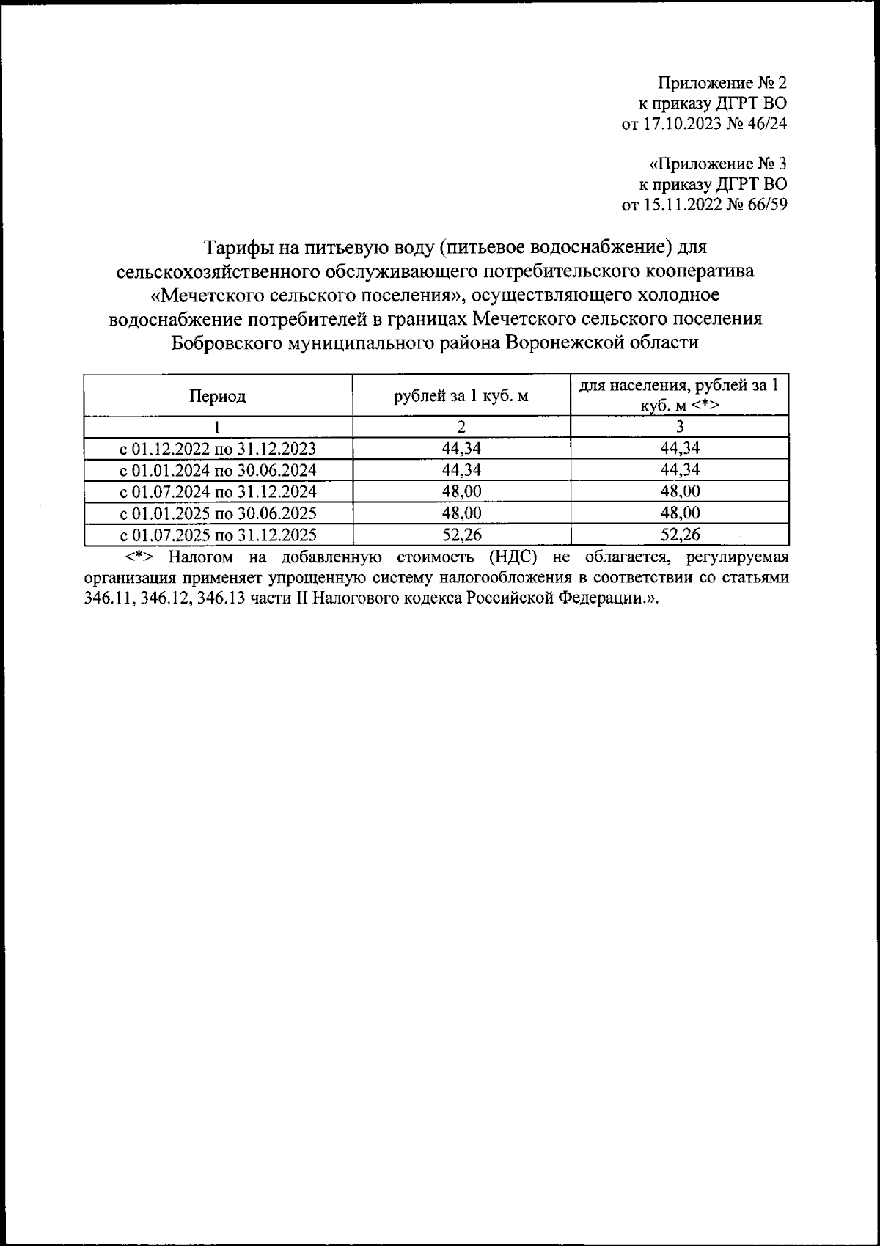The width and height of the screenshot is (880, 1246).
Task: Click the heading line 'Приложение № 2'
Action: [x=722, y=83]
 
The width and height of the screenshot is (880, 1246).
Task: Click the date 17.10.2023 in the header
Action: [x=683, y=124]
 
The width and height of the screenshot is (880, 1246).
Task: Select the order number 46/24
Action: [x=766, y=124]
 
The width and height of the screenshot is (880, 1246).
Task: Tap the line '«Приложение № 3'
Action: [x=718, y=164]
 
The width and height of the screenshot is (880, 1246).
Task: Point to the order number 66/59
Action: [x=766, y=205]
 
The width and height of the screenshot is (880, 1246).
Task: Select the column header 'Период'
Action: [x=218, y=397]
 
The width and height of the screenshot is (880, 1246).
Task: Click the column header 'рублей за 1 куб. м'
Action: [x=461, y=397]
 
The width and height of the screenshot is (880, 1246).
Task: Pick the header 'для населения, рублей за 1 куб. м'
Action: [x=679, y=395]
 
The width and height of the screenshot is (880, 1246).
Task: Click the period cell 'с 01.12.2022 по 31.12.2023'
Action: [x=218, y=449]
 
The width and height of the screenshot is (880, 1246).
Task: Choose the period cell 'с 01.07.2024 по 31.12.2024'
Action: [x=218, y=491]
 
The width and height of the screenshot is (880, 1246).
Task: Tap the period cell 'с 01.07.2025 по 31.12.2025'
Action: [x=218, y=535]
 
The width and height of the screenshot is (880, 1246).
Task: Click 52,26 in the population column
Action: [x=679, y=535]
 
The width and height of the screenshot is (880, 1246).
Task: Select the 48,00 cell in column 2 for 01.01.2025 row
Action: [x=461, y=513]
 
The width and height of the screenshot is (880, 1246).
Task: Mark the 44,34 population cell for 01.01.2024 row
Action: [x=679, y=470]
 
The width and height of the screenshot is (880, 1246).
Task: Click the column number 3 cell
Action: [x=679, y=427]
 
